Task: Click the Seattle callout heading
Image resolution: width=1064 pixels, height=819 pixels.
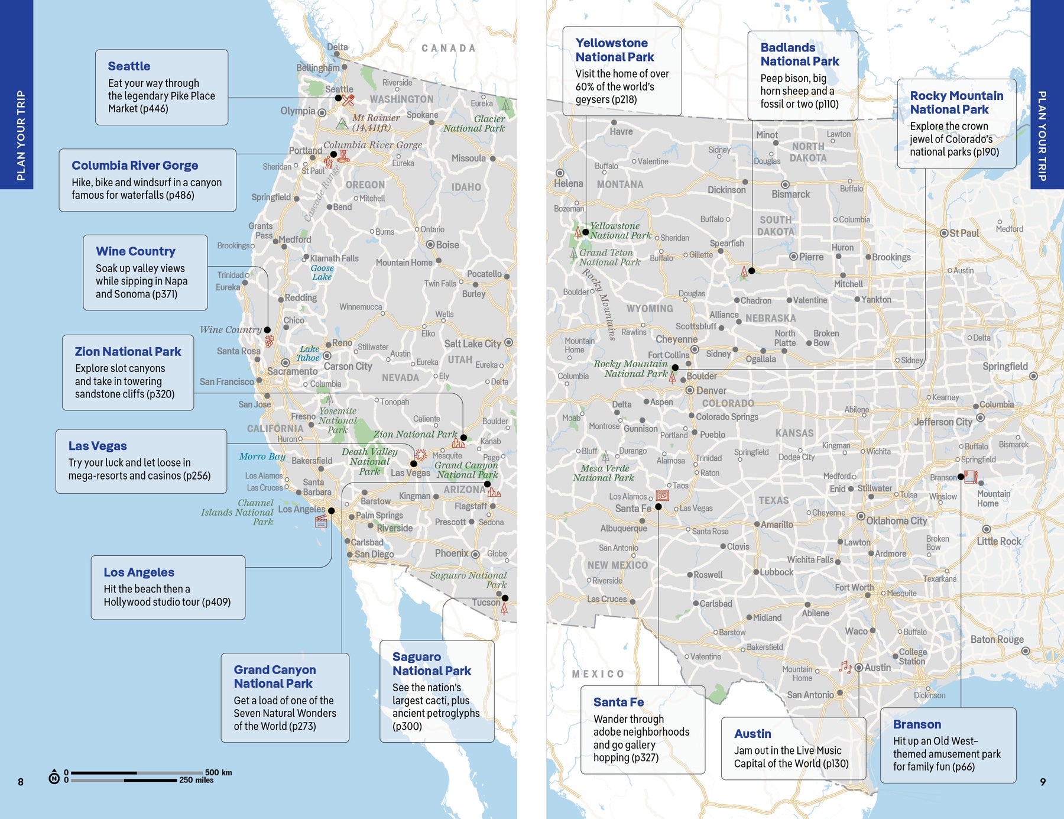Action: pos(129,66)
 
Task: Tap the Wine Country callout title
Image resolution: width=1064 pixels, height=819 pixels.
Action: pos(135,251)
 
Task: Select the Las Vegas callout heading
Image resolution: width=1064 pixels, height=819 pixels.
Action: pos(98,446)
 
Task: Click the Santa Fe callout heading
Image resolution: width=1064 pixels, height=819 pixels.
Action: pos(618,702)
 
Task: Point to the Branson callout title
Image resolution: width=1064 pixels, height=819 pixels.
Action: pos(917,724)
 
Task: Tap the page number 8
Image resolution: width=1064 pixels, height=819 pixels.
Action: pos(21,782)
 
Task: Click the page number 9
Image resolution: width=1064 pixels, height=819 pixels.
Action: pos(1043,782)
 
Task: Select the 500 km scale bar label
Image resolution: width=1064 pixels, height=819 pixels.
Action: pos(218,772)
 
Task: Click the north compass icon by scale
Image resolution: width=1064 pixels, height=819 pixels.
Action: pos(54,776)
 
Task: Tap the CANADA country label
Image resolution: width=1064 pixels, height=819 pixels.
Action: pos(448,48)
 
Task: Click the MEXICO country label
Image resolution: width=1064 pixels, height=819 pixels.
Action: pos(598,674)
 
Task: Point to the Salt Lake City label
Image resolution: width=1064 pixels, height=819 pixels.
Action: pos(472,344)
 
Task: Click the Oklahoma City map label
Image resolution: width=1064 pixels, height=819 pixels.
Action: pos(896,521)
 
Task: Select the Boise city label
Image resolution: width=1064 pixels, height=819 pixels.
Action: pos(447,245)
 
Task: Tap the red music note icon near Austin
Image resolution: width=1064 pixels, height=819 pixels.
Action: pos(845,667)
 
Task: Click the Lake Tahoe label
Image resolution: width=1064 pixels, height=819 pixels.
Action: pos(309,353)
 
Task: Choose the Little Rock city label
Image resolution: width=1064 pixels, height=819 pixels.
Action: pos(998,541)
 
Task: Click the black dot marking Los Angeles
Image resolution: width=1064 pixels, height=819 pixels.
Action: pos(331,511)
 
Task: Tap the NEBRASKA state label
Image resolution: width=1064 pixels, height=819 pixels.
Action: pos(770,318)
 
